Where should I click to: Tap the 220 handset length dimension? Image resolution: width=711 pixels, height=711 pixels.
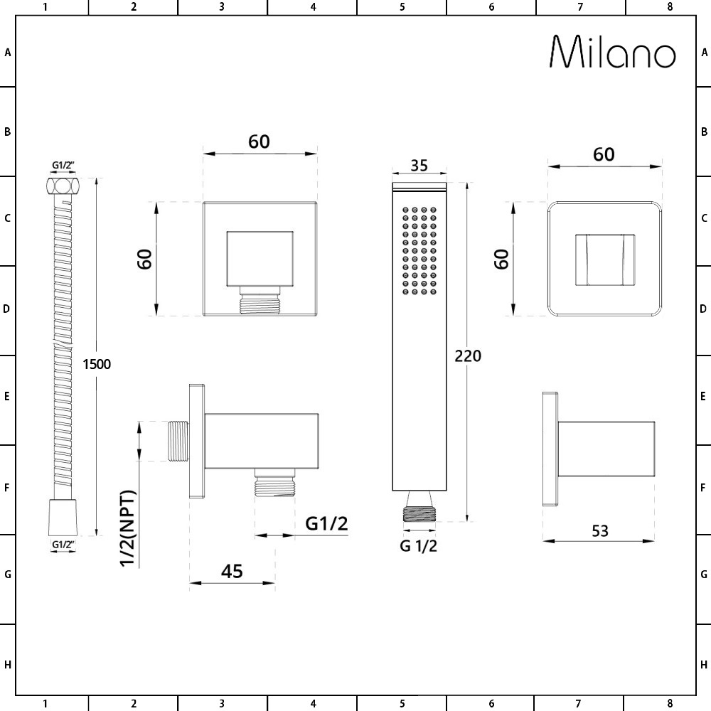[467, 355]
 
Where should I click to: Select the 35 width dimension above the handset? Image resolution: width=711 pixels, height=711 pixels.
[419, 165]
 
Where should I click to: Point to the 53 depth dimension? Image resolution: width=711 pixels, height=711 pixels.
[599, 530]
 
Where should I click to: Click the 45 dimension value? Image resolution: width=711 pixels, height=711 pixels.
[232, 571]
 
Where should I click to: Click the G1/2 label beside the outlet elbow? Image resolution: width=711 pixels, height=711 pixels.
[326, 524]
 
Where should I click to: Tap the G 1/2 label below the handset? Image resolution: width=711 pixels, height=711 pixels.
[418, 546]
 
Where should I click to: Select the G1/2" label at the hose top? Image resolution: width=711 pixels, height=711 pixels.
[64, 166]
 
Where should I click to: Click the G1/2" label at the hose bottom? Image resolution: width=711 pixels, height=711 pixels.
[64, 545]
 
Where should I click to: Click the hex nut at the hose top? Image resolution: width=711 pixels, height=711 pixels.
[64, 187]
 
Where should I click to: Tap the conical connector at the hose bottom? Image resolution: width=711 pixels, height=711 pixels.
[64, 518]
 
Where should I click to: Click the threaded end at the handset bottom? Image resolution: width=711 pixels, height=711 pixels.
[419, 514]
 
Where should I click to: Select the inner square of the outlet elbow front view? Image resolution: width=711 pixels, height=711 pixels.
[260, 257]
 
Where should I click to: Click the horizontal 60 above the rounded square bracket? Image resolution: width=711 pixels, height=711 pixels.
[604, 154]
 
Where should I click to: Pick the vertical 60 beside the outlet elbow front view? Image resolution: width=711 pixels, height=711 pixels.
[145, 260]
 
